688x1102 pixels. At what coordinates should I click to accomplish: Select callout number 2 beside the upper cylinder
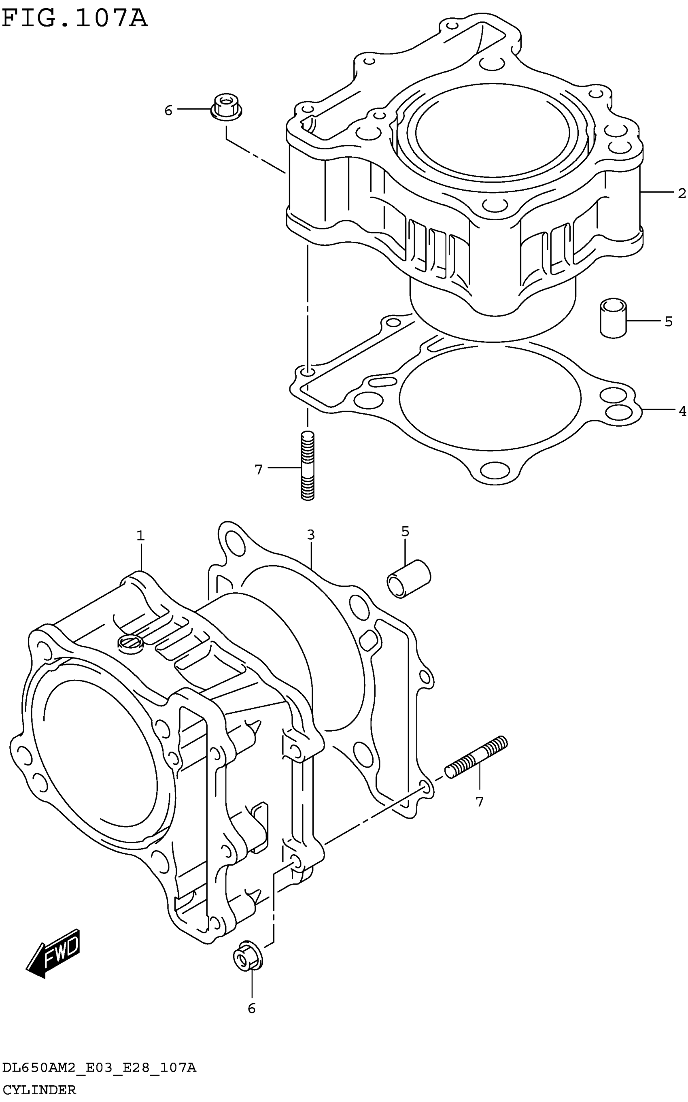coord(681,194)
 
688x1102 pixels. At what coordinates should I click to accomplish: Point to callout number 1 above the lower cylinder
coord(140,536)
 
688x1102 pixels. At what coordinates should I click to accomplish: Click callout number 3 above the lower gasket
coord(311,535)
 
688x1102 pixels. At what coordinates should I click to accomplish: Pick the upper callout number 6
coord(168,111)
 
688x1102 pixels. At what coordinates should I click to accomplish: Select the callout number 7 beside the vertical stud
coord(259,469)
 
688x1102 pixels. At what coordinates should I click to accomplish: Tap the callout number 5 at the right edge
coord(668,322)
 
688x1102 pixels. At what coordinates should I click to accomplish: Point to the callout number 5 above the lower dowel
coord(405,531)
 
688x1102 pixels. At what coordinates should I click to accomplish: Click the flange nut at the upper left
coord(227,108)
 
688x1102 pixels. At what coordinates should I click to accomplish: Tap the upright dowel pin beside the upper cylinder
coord(613,318)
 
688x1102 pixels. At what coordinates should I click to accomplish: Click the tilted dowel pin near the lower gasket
coord(408,579)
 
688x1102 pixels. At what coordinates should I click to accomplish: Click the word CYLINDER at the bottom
coord(39,1090)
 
